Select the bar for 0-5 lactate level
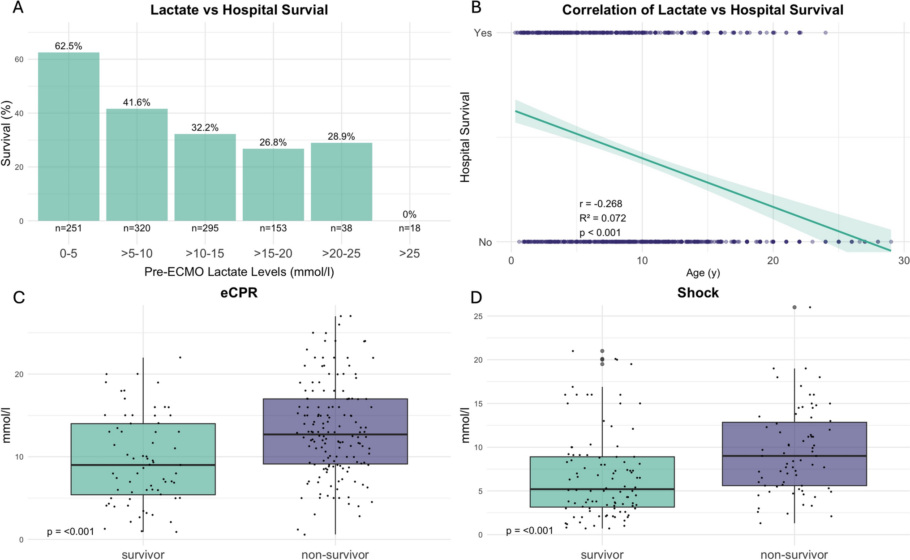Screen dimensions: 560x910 pyautogui.click(x=69, y=137)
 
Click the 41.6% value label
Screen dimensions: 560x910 pyautogui.click(x=137, y=103)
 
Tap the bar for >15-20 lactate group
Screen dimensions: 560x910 pyautogui.click(x=273, y=184)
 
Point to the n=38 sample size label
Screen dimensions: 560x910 pyautogui.click(x=341, y=228)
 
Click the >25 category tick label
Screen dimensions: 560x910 pyautogui.click(x=409, y=254)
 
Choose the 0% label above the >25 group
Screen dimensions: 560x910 pyautogui.click(x=409, y=214)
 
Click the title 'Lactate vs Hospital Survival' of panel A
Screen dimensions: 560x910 pyautogui.click(x=239, y=10)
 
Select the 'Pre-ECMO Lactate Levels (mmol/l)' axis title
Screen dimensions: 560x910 pyautogui.click(x=239, y=272)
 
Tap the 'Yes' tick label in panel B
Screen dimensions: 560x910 pyautogui.click(x=483, y=33)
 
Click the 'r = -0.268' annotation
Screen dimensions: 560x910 pyautogui.click(x=601, y=204)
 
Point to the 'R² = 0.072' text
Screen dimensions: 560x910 pyautogui.click(x=602, y=218)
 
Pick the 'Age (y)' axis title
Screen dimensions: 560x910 pyautogui.click(x=703, y=273)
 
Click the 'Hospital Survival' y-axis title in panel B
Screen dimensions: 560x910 pyautogui.click(x=465, y=137)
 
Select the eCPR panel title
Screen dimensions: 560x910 pyautogui.click(x=239, y=293)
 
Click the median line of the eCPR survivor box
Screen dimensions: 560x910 pyautogui.click(x=143, y=465)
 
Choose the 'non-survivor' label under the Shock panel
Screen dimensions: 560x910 pyautogui.click(x=794, y=555)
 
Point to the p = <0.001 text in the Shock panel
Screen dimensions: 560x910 pyautogui.click(x=529, y=531)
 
